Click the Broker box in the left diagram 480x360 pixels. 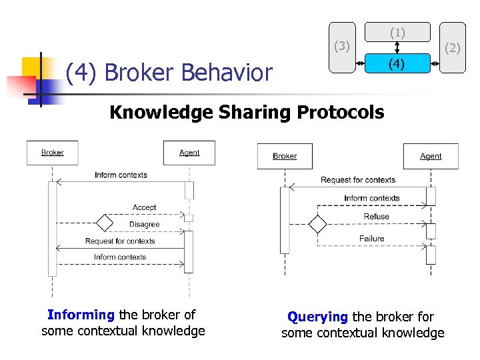[x=52, y=153]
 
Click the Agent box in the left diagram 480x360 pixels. [x=189, y=153]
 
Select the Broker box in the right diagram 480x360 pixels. [x=285, y=156]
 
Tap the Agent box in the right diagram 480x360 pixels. [x=431, y=156]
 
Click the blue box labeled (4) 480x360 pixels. [x=397, y=65]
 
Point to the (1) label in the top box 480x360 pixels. [x=397, y=32]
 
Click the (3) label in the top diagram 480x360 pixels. [x=342, y=46]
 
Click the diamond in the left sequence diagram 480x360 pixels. [x=104, y=222]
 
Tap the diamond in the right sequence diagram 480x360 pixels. [x=318, y=225]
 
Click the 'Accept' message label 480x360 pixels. [x=145, y=208]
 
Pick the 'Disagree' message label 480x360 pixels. [x=145, y=225]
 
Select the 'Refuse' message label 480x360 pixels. [x=377, y=217]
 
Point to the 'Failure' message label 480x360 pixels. [x=372, y=239]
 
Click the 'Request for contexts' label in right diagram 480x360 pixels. [x=358, y=180]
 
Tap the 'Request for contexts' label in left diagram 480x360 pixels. [x=120, y=241]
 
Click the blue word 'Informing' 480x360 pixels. [x=81, y=315]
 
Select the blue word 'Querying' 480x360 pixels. [x=318, y=317]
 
